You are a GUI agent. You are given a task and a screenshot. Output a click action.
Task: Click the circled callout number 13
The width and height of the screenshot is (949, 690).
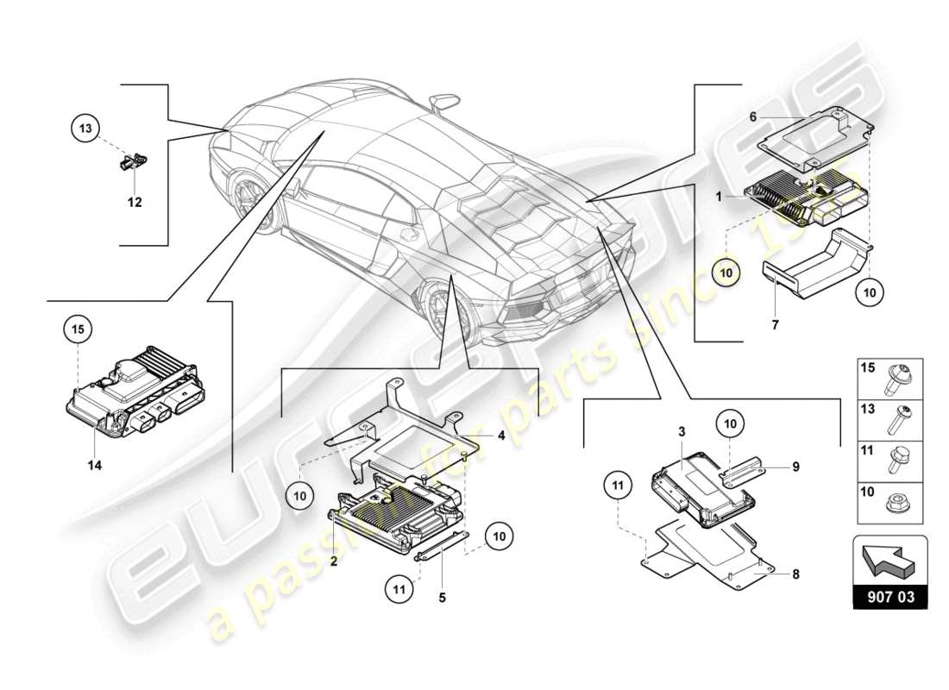click(85, 129)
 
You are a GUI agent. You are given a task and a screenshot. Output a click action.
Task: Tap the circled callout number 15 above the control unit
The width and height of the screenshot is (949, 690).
click(79, 329)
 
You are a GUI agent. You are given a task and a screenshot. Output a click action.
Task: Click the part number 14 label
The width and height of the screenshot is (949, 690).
click(94, 465)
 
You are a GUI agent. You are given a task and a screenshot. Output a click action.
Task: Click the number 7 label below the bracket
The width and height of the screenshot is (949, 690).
click(774, 324)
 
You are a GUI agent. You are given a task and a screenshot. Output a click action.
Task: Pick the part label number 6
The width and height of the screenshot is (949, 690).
click(752, 116)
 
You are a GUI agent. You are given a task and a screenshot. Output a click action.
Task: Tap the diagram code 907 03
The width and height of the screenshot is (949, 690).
click(889, 595)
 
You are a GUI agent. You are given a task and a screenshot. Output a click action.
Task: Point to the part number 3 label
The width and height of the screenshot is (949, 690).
click(681, 430)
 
